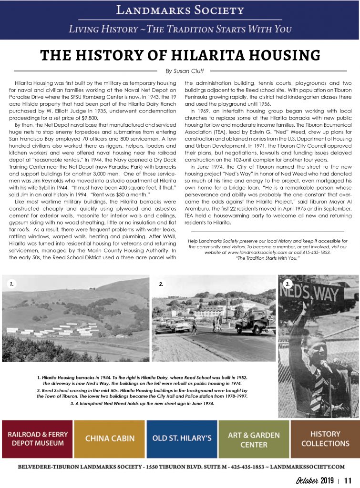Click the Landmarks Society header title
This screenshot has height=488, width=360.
180,10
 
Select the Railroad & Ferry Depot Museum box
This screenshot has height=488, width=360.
37,438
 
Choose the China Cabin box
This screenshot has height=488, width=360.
109,438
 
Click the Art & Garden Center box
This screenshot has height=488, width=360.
253,438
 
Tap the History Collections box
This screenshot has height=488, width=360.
325,438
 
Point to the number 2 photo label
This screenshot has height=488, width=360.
161,284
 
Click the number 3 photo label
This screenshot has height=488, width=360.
288,284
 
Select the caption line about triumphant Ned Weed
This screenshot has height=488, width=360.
142,403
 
